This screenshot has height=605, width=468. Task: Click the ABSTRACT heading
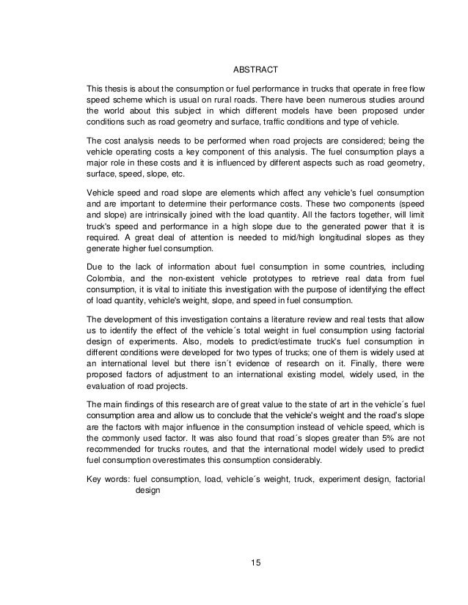coord(255,70)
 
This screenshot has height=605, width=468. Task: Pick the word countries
coord(374,276)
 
